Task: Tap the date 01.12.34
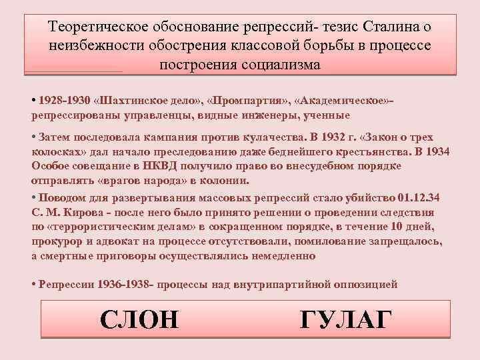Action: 417,199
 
